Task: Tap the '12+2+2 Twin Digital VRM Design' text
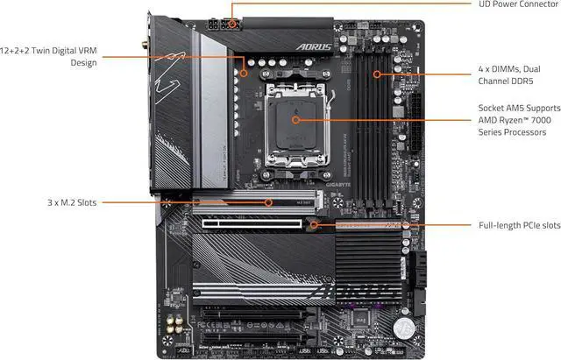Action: coord(49,57)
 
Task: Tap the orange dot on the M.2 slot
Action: coord(269,202)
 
